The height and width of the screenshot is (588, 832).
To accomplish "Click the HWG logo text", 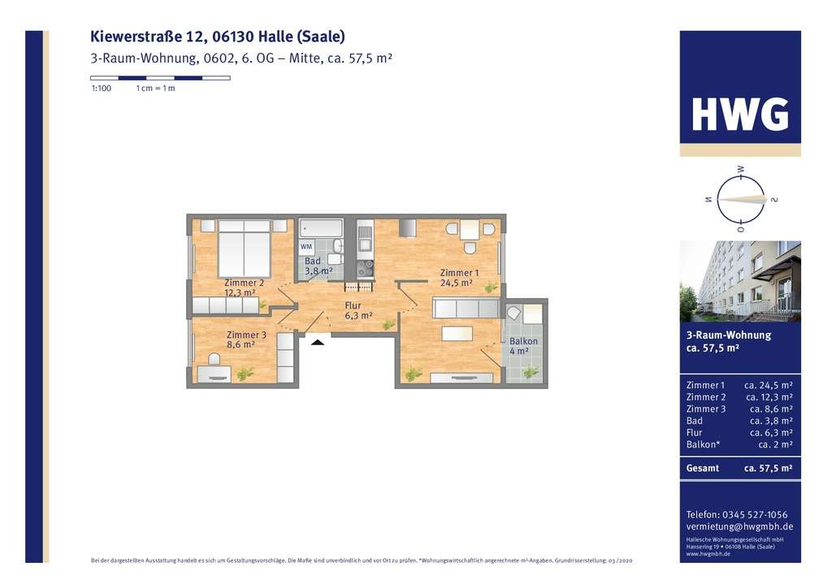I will [x=739, y=115].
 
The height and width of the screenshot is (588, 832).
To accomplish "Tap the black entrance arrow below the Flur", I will [x=318, y=342].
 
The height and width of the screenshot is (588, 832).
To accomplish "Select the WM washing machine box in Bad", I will [x=306, y=246].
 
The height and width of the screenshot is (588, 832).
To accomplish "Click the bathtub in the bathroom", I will [x=320, y=227].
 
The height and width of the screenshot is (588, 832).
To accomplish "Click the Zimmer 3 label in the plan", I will [x=246, y=339].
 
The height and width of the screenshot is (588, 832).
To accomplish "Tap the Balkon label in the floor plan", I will [x=523, y=347].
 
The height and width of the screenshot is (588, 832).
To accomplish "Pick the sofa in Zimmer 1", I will [x=466, y=309].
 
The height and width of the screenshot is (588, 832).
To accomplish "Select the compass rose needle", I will [x=739, y=199].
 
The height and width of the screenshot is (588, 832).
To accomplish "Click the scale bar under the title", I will [x=160, y=78].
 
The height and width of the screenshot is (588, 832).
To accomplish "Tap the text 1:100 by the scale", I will [x=101, y=89].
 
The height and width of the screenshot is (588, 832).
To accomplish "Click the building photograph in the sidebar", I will [x=739, y=281].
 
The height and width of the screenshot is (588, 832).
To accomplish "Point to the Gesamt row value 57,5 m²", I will [x=768, y=469].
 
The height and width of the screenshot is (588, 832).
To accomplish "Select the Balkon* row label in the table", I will [x=704, y=444].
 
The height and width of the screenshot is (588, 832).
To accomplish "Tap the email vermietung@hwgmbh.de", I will [x=739, y=526].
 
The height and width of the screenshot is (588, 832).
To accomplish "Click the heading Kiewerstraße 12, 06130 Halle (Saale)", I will [x=218, y=37].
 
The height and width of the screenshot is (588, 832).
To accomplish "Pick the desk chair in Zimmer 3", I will [x=214, y=358].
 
